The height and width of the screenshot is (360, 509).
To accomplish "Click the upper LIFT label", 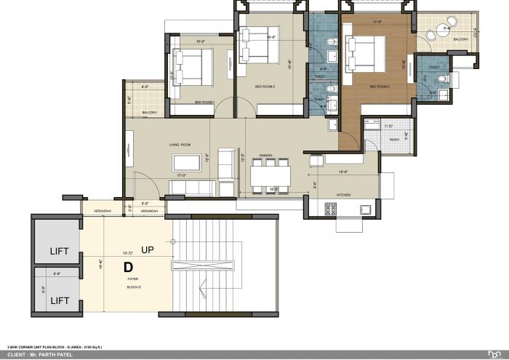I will [x=59, y=252].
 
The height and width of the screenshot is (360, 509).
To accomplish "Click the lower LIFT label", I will [x=59, y=300].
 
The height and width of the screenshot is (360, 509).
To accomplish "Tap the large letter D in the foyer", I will [x=128, y=267].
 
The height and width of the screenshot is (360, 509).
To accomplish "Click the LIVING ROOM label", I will [x=180, y=145].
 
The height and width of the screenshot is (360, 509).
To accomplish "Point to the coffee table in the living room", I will [x=189, y=162].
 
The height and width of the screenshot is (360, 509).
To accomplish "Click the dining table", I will [x=270, y=177].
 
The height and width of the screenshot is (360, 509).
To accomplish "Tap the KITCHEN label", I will [x=345, y=195].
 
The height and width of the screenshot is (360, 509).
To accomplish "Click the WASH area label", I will [x=393, y=139].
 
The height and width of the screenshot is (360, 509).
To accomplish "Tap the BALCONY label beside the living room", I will [x=150, y=113].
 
